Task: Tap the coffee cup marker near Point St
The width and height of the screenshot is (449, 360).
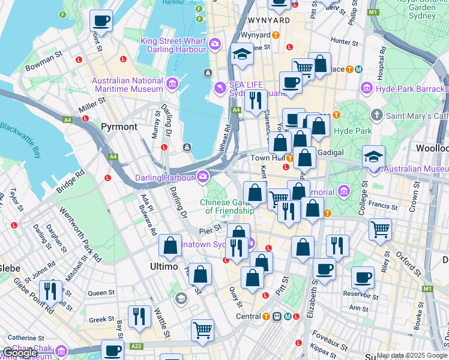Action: tap(101, 21)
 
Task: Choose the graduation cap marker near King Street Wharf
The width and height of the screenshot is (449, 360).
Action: tap(242, 55)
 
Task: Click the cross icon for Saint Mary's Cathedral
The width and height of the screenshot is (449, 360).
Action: tap(376, 114)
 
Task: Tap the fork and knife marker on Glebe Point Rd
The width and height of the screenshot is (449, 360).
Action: tap(50, 291)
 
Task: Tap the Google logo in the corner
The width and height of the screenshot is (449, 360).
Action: tap(20, 353)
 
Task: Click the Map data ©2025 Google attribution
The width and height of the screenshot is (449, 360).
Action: tap(411, 355)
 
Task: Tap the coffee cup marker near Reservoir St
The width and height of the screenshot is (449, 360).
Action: tap(363, 277)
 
